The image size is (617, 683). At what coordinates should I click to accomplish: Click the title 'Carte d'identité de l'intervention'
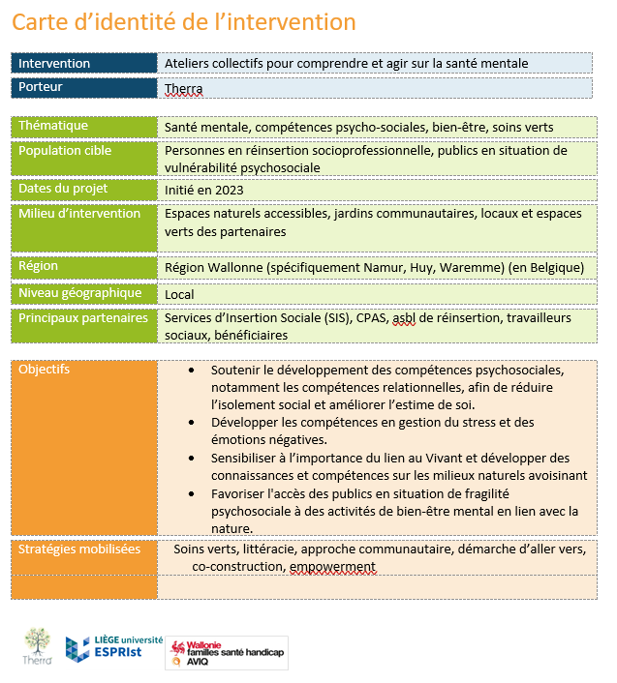(x=184, y=22)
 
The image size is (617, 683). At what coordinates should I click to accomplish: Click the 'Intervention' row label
(x=54, y=63)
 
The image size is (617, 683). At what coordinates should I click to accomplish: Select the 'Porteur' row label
(x=41, y=87)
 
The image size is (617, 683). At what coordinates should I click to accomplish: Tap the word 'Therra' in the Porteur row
(x=184, y=89)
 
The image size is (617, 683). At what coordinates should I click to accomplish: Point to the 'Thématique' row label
(x=53, y=126)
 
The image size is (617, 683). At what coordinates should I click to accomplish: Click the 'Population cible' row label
(x=65, y=151)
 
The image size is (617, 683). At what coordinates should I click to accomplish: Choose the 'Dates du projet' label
(x=63, y=189)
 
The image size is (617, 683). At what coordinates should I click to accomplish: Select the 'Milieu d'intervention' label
(x=79, y=214)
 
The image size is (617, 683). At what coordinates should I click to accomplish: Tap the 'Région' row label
(x=39, y=266)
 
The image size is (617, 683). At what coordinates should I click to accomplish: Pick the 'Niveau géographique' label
(x=80, y=293)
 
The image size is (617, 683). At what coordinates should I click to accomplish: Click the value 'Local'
(x=179, y=294)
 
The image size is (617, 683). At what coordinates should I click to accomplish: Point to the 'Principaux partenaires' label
(x=83, y=317)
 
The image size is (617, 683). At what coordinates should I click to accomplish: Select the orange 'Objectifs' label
(x=45, y=370)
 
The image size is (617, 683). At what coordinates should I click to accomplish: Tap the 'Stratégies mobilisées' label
(x=79, y=549)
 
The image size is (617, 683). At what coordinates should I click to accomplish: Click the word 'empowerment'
(x=332, y=567)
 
